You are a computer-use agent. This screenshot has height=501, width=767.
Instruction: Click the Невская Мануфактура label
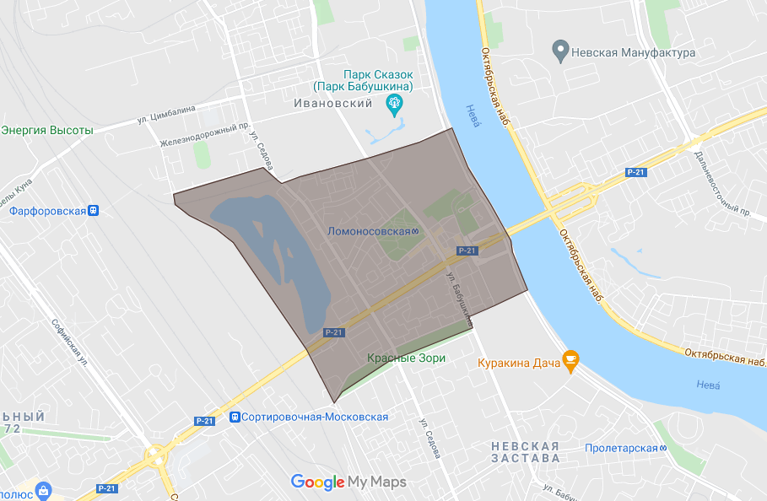[x=633, y=52]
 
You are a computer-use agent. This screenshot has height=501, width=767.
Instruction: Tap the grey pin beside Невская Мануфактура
[x=559, y=51]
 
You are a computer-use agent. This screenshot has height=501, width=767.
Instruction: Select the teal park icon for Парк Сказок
[x=393, y=105]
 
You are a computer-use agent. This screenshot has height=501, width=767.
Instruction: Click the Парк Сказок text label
[x=362, y=80]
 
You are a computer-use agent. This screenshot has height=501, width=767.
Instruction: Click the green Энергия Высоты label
[x=47, y=130]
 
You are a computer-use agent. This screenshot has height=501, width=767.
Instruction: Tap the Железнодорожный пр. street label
[x=206, y=135]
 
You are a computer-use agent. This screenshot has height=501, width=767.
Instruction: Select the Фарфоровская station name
[x=48, y=211]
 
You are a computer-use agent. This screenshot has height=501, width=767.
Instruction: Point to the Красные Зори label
[x=406, y=358]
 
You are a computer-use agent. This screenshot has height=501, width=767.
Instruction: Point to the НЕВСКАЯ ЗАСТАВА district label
[x=526, y=451]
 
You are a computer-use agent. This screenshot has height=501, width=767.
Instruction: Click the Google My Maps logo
[x=348, y=482]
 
